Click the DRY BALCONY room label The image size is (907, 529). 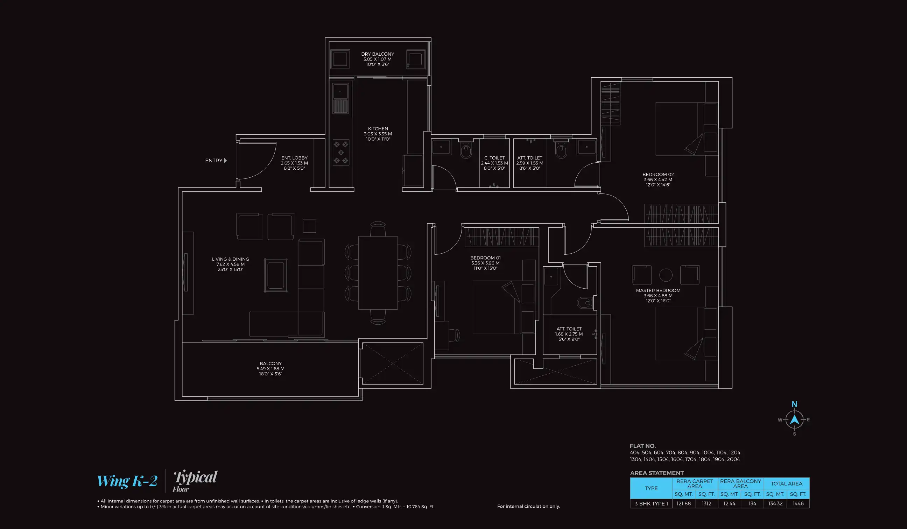pos(378,59)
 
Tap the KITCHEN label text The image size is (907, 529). pos(378,134)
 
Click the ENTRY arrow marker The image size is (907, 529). pos(225,161)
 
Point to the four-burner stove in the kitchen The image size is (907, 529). pos(340,152)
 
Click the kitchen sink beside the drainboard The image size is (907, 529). pos(340,91)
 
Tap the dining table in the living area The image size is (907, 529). pos(378,273)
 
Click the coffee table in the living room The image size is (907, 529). pos(276,275)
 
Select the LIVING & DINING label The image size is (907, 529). pos(230,264)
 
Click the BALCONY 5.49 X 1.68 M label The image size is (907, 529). pos(270,368)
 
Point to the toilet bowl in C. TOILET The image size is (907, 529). pos(465,151)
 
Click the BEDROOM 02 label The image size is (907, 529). pos(658,179)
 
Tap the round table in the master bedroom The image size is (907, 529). pos(666,275)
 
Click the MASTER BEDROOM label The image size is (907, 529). pos(658,295)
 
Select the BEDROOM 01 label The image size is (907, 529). pos(485,263)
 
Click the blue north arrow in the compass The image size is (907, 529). pos(794,419)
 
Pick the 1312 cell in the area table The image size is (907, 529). pos(706,503)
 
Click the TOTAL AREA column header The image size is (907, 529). pos(786,484)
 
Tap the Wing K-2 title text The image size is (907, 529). pos(127,481)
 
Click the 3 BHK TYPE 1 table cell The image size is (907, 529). pos(651,503)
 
